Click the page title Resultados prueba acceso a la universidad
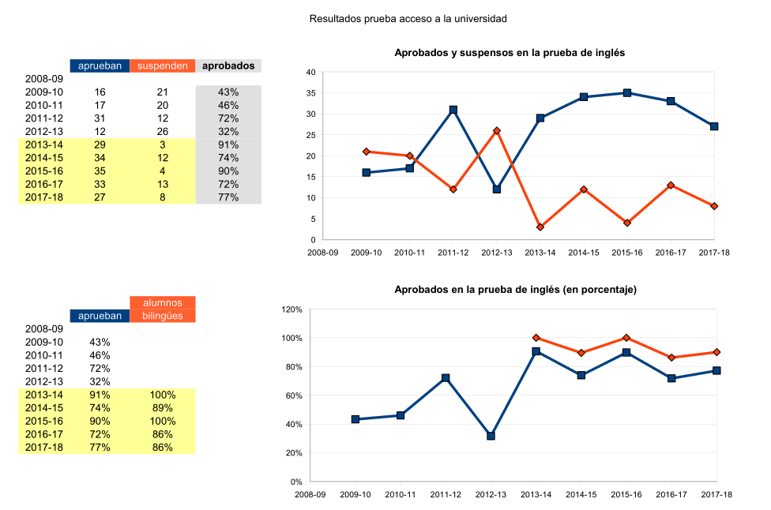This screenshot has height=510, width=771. (x=408, y=17)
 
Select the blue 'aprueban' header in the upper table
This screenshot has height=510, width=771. (x=100, y=66)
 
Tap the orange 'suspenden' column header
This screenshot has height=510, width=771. (x=162, y=66)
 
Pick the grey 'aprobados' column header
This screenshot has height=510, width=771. (x=228, y=66)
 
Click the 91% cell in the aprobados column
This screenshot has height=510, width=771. (x=228, y=145)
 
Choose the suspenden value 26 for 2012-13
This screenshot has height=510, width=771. (x=162, y=132)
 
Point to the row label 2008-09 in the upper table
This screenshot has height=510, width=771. (x=43, y=79)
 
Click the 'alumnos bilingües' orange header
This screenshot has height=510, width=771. (x=162, y=309)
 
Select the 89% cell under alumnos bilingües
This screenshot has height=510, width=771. (x=162, y=408)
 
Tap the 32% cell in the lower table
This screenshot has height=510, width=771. (x=100, y=382)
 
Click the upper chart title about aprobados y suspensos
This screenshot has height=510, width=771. (x=510, y=53)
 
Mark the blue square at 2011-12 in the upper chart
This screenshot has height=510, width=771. (x=453, y=110)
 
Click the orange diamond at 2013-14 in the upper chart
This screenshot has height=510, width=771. (x=540, y=227)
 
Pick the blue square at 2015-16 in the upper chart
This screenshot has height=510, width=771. (x=627, y=93)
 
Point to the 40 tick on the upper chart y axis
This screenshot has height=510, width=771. (x=310, y=73)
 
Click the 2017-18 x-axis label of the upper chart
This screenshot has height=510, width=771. (x=714, y=253)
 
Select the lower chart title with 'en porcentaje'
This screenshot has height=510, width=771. (x=515, y=290)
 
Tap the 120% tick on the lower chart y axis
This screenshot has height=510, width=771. (x=291, y=309)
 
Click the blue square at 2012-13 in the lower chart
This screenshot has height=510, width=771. (x=491, y=436)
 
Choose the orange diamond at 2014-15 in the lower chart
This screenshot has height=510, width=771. (x=581, y=353)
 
